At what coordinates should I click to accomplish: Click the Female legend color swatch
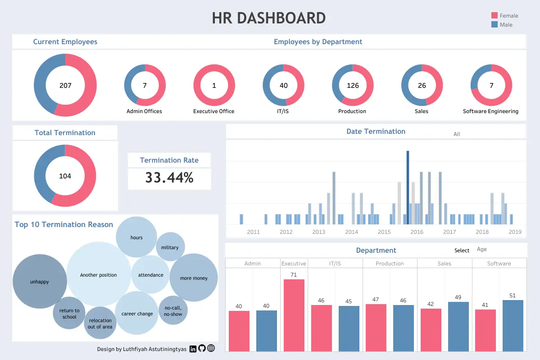[x=494, y=16]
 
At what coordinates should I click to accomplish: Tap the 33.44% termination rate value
[x=169, y=178]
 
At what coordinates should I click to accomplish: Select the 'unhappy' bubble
[x=40, y=282]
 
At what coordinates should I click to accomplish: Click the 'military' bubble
[x=170, y=247]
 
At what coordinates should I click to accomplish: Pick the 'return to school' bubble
[x=69, y=314]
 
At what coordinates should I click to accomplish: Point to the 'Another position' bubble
[x=99, y=275]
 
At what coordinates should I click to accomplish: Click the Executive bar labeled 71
[x=294, y=315]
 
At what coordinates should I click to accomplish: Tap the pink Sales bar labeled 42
[x=431, y=330]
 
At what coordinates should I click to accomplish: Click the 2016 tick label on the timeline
[x=417, y=232]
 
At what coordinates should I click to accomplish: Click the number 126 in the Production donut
[x=353, y=86]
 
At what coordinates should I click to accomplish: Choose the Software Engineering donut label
[x=490, y=111]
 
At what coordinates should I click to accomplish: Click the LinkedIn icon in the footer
[x=193, y=348]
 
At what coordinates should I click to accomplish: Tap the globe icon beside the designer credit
[x=211, y=348]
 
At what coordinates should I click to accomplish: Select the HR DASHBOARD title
[x=269, y=18]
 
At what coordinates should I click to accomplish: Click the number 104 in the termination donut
[x=65, y=176]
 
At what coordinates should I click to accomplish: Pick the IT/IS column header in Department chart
[x=335, y=264]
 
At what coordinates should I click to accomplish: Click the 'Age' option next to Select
[x=481, y=250]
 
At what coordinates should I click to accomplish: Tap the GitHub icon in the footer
[x=202, y=348]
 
